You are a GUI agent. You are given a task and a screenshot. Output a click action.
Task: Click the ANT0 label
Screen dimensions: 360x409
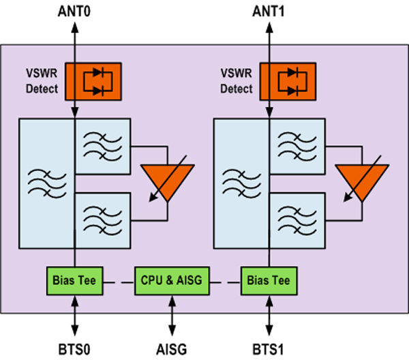[x=74, y=12]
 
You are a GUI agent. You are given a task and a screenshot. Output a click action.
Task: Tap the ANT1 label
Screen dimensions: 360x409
[x=268, y=12]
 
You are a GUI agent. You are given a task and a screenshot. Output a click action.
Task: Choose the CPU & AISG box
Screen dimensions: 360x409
[x=171, y=281]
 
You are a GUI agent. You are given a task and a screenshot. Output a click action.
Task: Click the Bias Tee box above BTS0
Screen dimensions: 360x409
[x=74, y=281]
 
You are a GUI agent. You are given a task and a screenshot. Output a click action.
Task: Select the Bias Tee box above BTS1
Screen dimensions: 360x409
[x=268, y=281]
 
